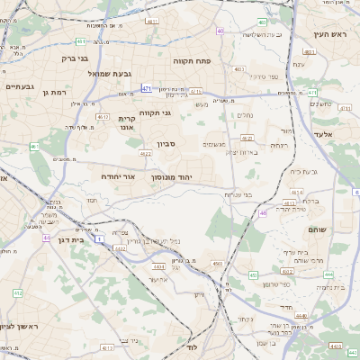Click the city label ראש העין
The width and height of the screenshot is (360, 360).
[330, 34]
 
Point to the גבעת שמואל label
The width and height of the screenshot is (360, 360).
[115, 73]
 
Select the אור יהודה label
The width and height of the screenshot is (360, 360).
[117, 176]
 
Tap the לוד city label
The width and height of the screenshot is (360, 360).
[192, 346]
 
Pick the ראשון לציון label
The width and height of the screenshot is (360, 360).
[19, 325]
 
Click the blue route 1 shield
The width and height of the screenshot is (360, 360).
[100, 238]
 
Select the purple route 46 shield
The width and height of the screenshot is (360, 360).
[264, 212]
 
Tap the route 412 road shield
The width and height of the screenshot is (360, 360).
[17, 293]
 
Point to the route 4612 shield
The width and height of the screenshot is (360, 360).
[103, 116]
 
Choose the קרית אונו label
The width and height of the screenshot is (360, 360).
[127, 122]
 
